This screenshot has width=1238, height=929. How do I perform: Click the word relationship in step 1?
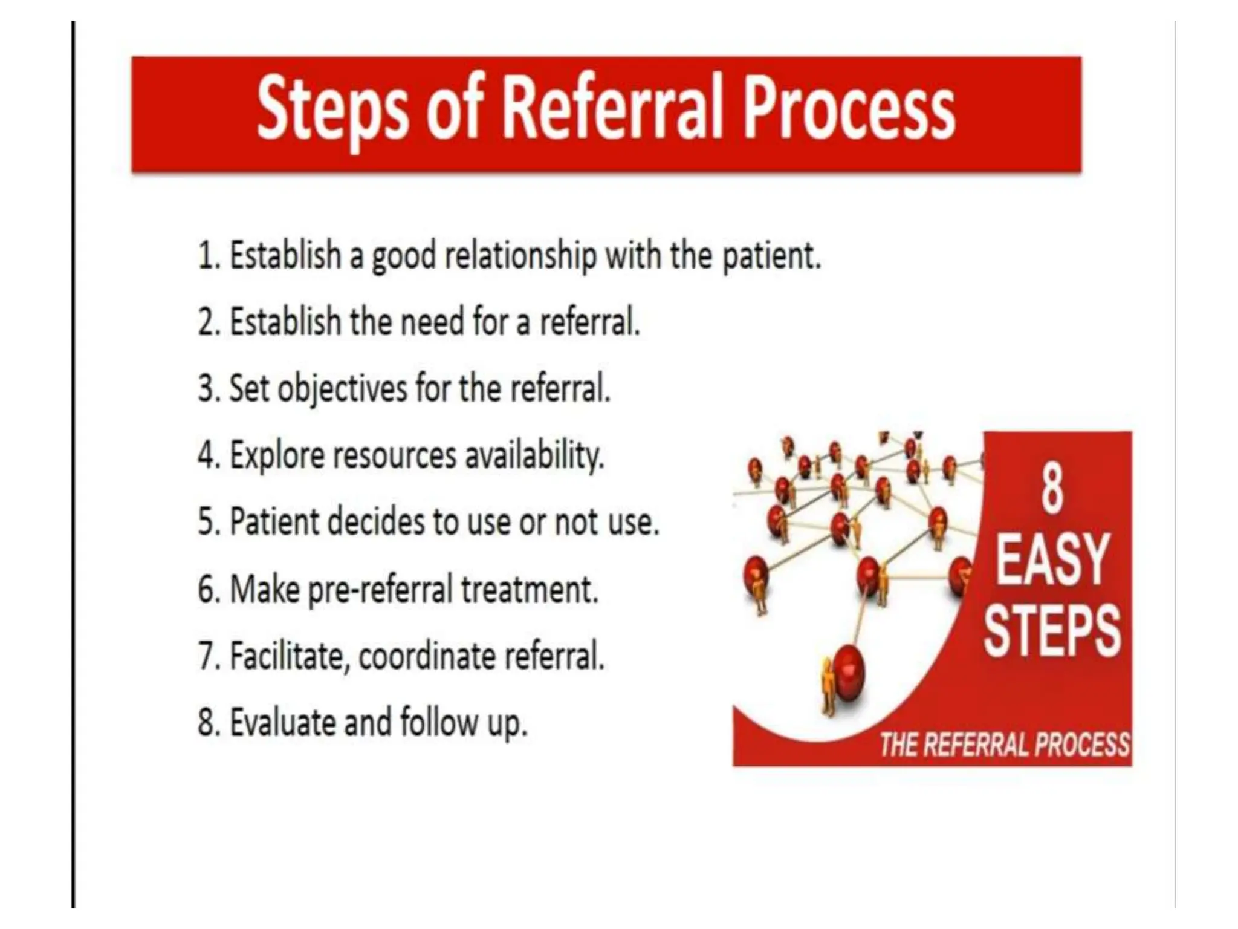pos(520,256)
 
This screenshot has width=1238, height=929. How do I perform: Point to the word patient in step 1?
pos(771,256)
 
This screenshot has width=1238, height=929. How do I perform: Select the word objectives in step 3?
pos(342,388)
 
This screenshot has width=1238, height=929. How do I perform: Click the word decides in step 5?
pos(376,521)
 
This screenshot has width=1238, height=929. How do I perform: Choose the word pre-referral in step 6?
pos(381,589)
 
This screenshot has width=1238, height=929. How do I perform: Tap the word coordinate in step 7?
pos(427,656)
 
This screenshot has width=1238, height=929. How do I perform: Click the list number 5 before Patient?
pos(206,521)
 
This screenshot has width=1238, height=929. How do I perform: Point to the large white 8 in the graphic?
pos(1052,489)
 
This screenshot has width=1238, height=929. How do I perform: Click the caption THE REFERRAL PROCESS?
pos(1004,745)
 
